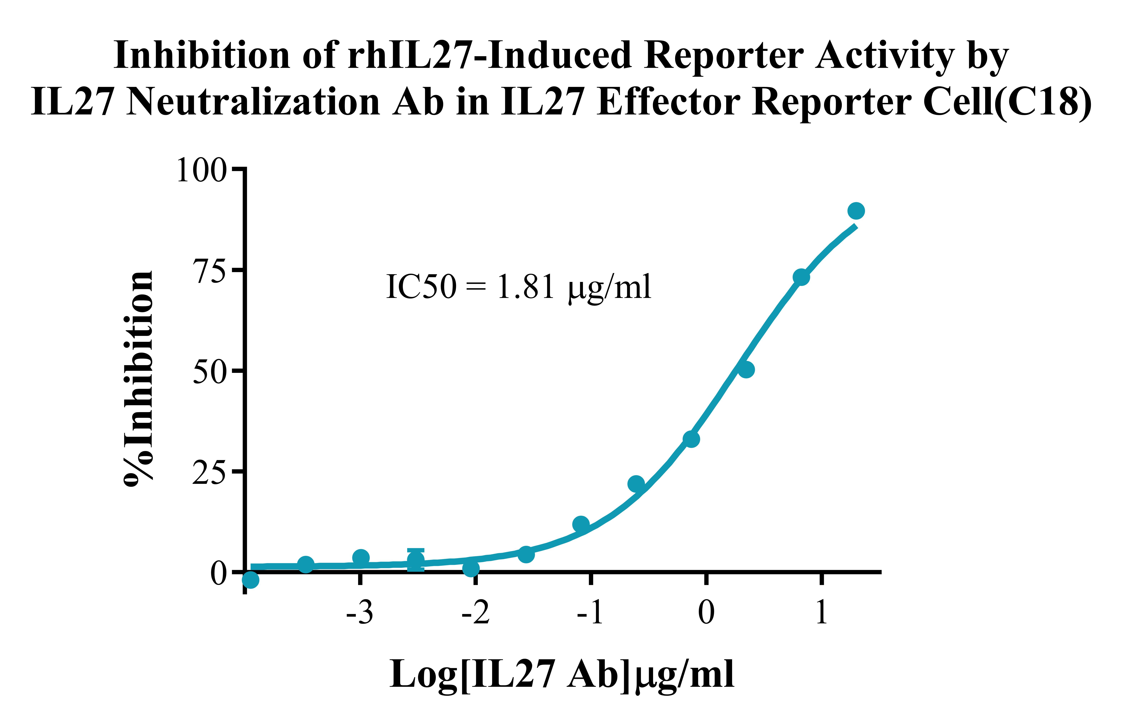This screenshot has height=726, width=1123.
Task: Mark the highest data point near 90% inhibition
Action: (856, 211)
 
